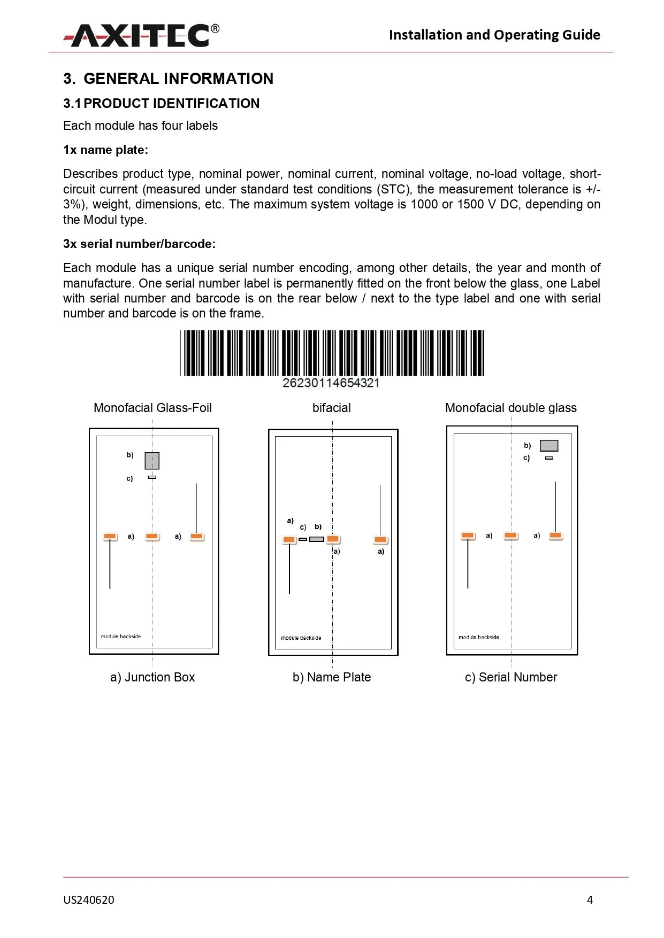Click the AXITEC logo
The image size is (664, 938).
pyautogui.click(x=141, y=35)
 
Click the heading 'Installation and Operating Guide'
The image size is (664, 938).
pyautogui.click(x=494, y=35)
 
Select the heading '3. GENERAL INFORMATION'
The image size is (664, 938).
pyautogui.click(x=168, y=79)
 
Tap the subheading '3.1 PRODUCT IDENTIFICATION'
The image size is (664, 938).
pyautogui.click(x=161, y=103)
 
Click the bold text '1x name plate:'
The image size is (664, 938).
pyautogui.click(x=105, y=150)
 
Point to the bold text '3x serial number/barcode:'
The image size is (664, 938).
pyautogui.click(x=139, y=244)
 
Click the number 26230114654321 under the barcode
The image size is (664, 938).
pyautogui.click(x=331, y=383)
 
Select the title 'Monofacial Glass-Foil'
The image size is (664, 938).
pyautogui.click(x=152, y=408)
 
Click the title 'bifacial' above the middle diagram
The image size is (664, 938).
pyautogui.click(x=331, y=408)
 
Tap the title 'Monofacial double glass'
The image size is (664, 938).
pyautogui.click(x=510, y=408)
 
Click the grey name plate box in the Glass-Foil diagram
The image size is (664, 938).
pyautogui.click(x=152, y=460)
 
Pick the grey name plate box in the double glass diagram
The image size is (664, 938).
pyautogui.click(x=548, y=445)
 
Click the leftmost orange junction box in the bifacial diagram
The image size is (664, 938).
pyautogui.click(x=289, y=540)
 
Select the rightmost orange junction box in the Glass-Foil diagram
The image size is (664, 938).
pyautogui.click(x=196, y=536)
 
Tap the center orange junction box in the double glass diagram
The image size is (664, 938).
pyautogui.click(x=510, y=535)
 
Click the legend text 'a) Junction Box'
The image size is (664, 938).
pyautogui.click(x=152, y=677)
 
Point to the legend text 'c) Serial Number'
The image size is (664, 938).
pyautogui.click(x=510, y=677)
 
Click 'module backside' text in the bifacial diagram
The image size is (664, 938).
pyautogui.click(x=301, y=638)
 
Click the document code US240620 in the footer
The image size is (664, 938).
pyautogui.click(x=89, y=900)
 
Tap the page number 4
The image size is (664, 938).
pyautogui.click(x=590, y=900)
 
